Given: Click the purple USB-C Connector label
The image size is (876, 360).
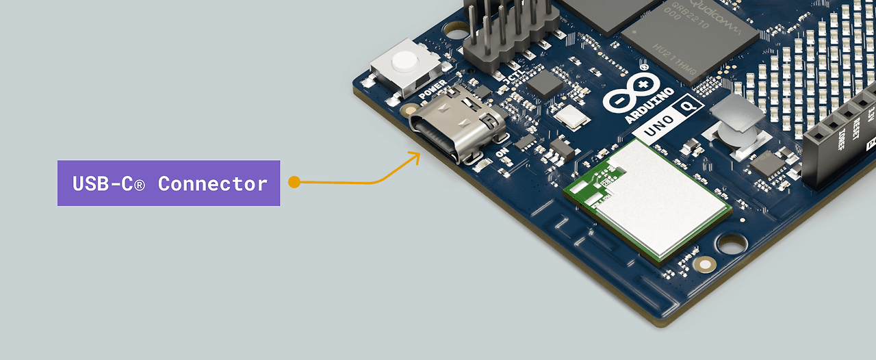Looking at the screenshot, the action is pyautogui.click(x=168, y=183).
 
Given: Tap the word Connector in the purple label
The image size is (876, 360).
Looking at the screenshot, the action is pyautogui.click(x=212, y=183).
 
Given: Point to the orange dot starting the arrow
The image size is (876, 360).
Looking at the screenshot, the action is pyautogui.click(x=294, y=182).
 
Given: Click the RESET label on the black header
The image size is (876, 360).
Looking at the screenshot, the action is pyautogui.click(x=856, y=130).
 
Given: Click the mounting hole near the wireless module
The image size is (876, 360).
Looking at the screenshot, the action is pyautogui.click(x=732, y=243).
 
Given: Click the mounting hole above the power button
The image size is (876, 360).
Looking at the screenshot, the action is pyautogui.click(x=452, y=30).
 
